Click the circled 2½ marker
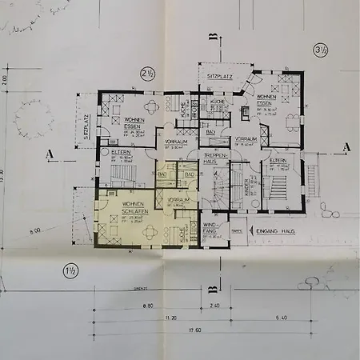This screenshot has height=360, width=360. (147, 72)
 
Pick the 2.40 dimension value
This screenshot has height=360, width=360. (214, 306)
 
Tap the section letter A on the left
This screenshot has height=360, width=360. (50, 152)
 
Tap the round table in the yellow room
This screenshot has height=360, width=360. (148, 231)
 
